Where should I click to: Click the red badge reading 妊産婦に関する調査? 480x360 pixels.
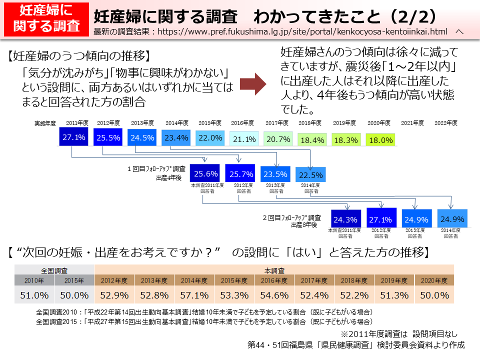[46, 19]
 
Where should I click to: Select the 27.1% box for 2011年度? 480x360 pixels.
[74, 137]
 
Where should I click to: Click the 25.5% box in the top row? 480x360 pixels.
[108, 137]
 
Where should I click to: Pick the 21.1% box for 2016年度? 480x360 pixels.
[244, 139]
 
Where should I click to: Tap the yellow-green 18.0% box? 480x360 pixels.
[380, 140]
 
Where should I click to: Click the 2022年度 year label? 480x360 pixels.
[446, 122]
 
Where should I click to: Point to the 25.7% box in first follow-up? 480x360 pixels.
[240, 173]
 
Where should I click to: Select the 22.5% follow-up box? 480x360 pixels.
[310, 175]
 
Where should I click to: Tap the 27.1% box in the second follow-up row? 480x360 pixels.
[381, 218]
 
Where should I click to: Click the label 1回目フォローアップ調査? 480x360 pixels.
[156, 169]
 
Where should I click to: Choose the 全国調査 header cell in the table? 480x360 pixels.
[54, 269]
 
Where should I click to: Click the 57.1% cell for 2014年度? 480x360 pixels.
[194, 295]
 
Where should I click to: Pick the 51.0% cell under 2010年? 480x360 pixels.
[34, 295]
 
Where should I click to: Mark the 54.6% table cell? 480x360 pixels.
[274, 295]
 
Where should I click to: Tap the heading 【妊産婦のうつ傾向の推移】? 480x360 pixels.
[79, 55]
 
